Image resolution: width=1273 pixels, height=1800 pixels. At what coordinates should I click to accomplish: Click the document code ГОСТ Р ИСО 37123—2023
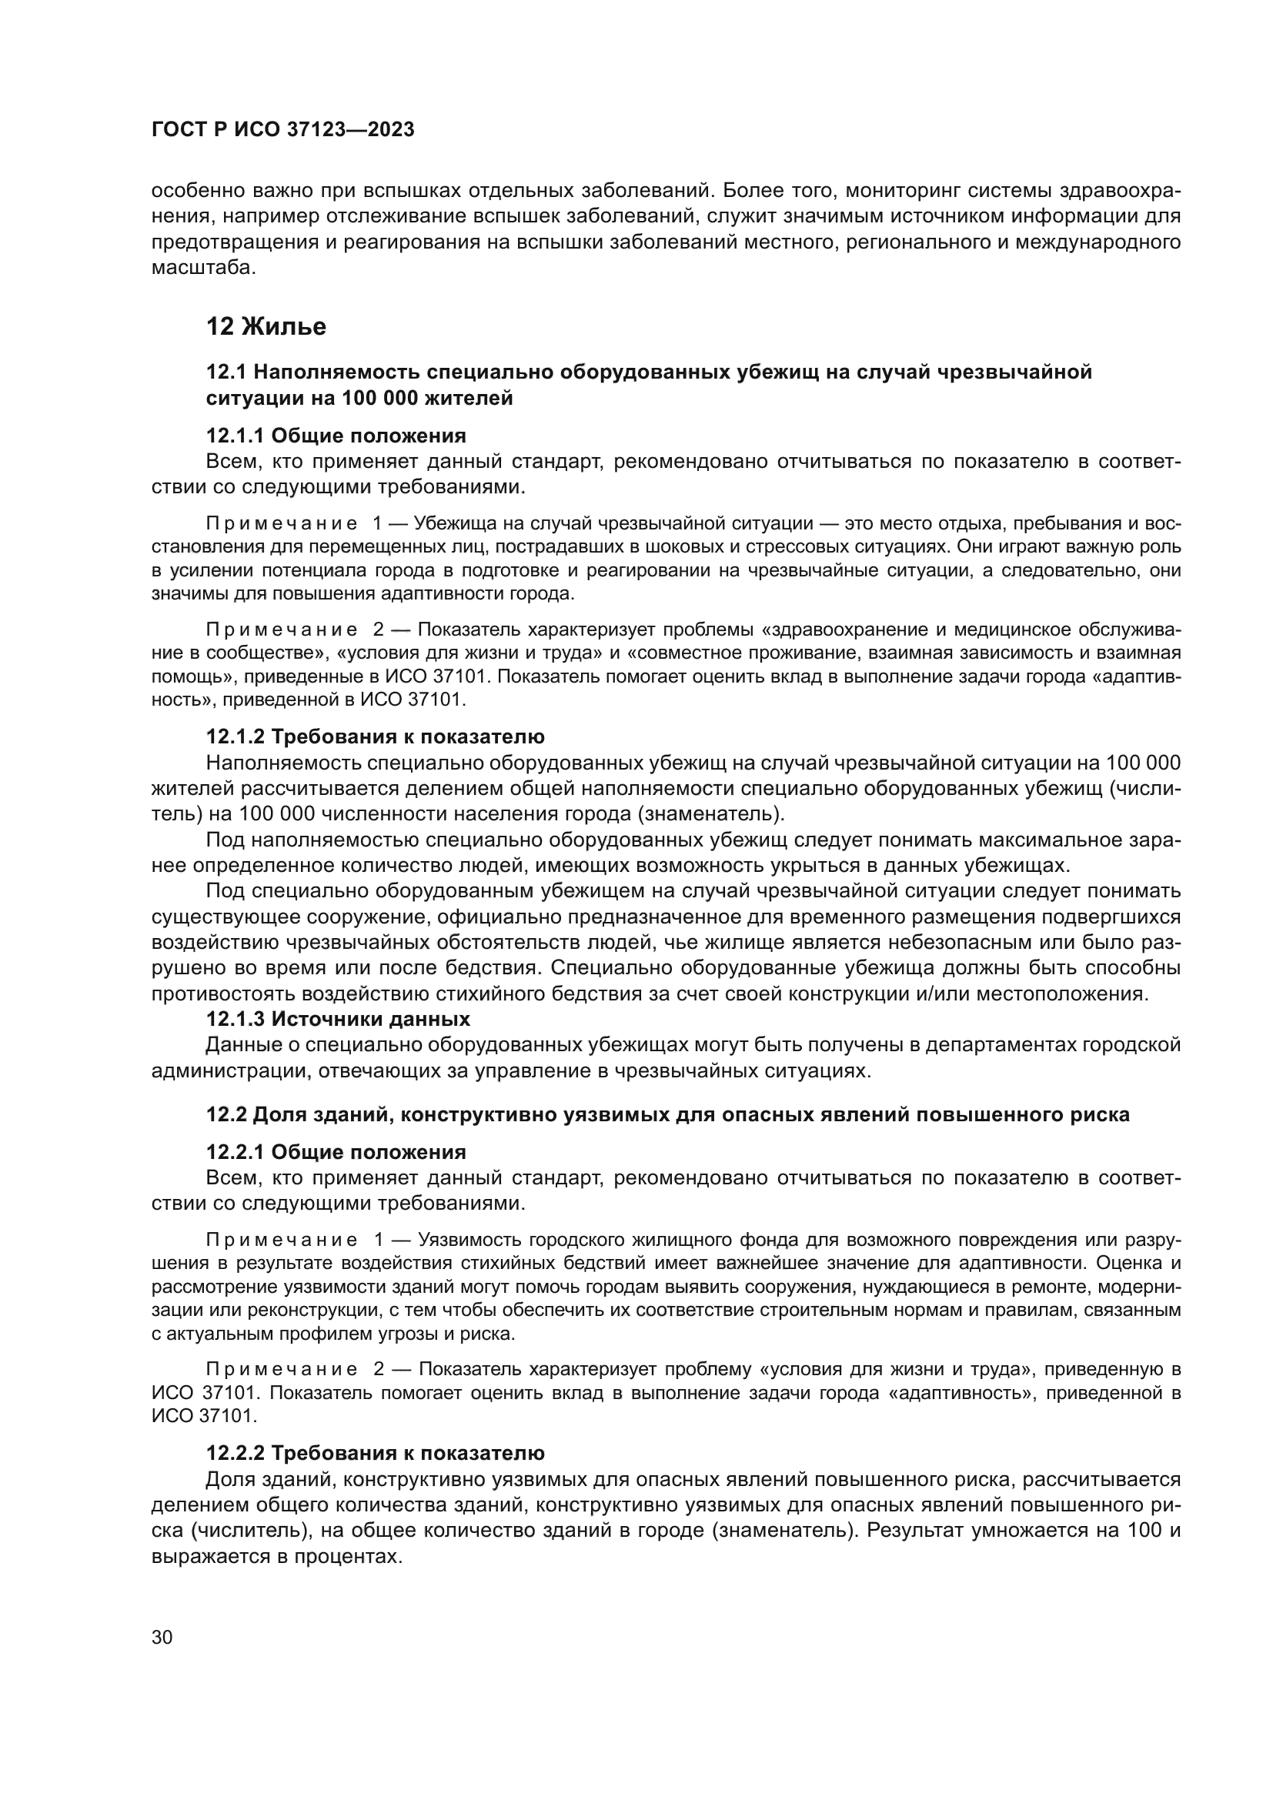coord(282,130)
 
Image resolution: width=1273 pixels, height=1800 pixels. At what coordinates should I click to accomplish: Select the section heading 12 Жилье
coord(266,326)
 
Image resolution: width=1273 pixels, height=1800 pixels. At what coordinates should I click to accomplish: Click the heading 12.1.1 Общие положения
coord(336,436)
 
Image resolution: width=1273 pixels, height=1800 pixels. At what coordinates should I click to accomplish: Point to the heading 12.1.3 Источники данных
coord(338,1019)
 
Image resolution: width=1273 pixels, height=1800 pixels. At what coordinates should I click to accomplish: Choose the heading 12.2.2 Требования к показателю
coord(375,1453)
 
